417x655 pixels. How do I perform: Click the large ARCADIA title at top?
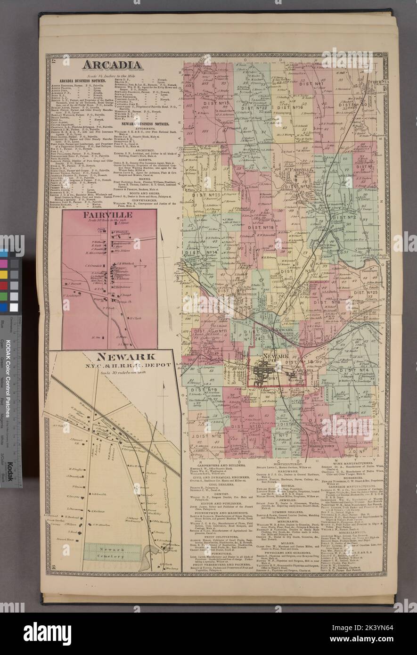[x=112, y=65]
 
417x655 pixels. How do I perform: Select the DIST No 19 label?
[x=261, y=227]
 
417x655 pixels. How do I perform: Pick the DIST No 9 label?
[x=204, y=389]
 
